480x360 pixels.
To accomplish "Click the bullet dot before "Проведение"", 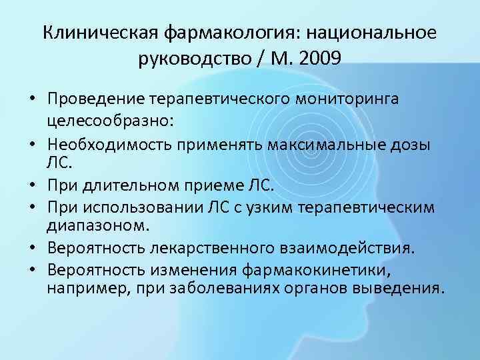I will point(31,100).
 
